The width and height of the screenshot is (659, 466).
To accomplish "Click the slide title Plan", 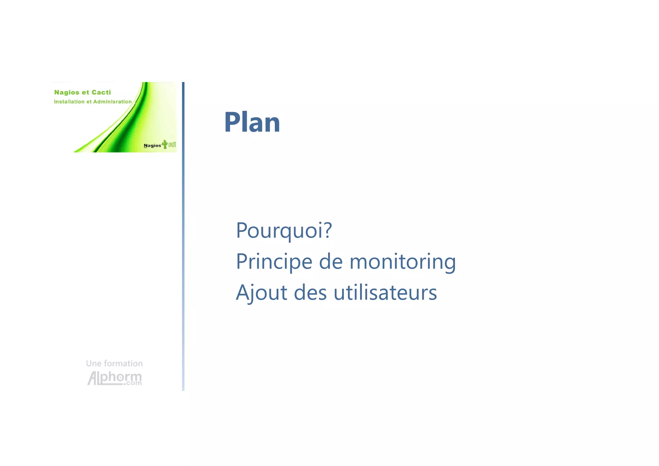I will click(x=252, y=122).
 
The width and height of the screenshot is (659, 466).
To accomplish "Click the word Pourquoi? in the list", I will click(x=283, y=231).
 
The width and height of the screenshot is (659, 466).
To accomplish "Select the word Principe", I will click(x=274, y=262).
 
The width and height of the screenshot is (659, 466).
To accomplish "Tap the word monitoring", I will click(x=403, y=262).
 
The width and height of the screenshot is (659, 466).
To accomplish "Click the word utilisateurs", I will click(x=385, y=293).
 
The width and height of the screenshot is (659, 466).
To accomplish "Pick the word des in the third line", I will click(x=310, y=293).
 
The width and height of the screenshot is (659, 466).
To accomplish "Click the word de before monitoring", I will click(x=330, y=262).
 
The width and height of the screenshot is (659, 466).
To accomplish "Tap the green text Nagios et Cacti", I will click(x=82, y=92).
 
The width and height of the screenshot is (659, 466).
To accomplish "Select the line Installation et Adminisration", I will click(x=93, y=102).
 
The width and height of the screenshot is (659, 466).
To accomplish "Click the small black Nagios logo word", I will click(x=152, y=146).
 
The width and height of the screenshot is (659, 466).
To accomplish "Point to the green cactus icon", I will click(x=165, y=144).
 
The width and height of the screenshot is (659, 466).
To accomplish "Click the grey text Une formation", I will click(x=114, y=364).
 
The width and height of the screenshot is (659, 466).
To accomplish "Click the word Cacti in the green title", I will click(x=101, y=92).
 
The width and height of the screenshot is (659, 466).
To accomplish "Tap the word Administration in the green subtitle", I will click(x=112, y=102).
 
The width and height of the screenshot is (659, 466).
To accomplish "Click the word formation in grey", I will click(x=123, y=364).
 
